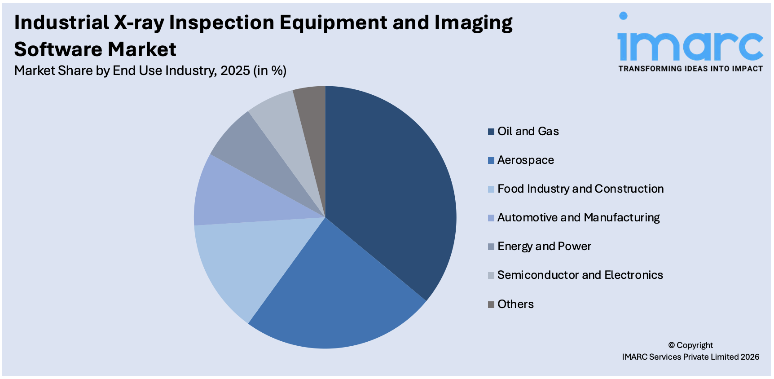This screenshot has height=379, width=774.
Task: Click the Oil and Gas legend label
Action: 528,131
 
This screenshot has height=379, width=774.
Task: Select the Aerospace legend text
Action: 525,160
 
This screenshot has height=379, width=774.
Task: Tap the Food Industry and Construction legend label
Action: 580,189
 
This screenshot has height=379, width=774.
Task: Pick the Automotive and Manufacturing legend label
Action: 578,217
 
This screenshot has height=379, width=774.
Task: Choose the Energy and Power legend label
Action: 544,246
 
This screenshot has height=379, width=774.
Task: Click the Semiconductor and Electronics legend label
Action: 580,275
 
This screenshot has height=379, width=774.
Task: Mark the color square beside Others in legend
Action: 491,304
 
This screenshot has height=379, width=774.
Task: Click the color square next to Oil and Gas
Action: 491,132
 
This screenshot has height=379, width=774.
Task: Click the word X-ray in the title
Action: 139,22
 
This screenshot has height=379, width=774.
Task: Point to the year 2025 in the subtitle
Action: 235,71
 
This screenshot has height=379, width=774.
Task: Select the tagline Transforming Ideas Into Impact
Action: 690,69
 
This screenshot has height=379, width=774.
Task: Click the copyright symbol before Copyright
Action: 671,345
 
